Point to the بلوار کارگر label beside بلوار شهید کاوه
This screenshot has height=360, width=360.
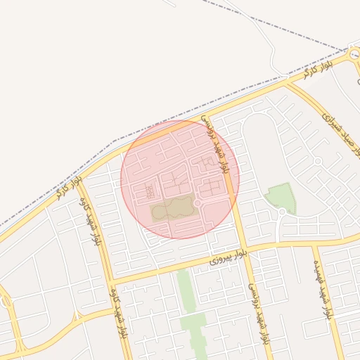[70, 188]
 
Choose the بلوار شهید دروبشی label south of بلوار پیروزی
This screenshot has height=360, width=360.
[259, 313]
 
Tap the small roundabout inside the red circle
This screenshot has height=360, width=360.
[198, 203]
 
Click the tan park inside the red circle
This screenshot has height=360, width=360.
[171, 208]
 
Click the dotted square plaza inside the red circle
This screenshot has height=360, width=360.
[149, 191]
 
